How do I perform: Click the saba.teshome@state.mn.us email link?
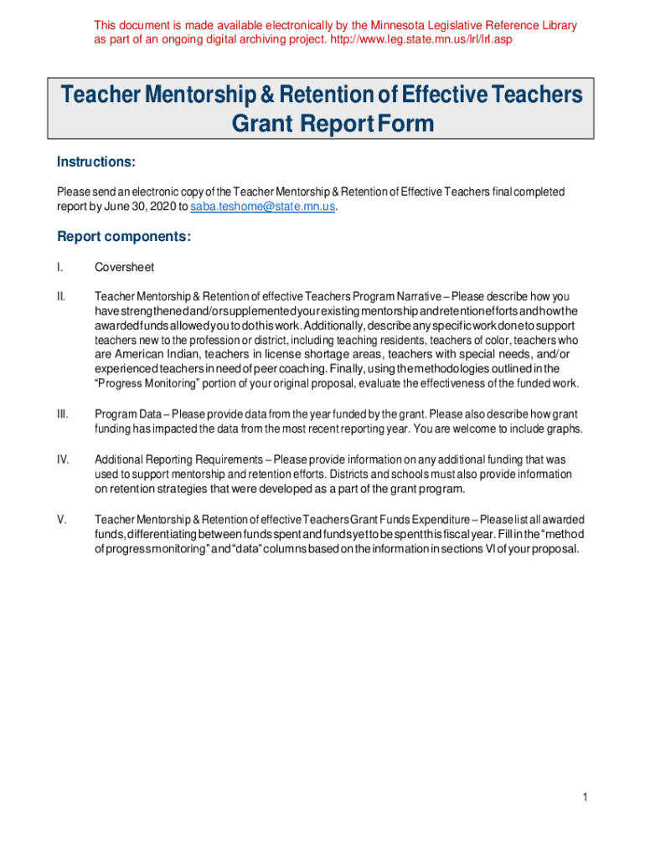click(x=263, y=207)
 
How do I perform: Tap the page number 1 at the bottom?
click(x=586, y=798)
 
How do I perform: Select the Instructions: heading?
click(x=95, y=161)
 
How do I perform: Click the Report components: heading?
click(x=124, y=237)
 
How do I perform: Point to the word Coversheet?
click(x=124, y=267)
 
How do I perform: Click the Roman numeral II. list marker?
click(x=61, y=296)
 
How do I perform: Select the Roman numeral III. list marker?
click(x=62, y=414)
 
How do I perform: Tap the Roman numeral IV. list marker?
click(x=62, y=459)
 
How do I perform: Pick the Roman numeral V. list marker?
click(x=61, y=520)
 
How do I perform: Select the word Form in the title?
click(x=405, y=124)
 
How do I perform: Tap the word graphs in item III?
click(x=565, y=429)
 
